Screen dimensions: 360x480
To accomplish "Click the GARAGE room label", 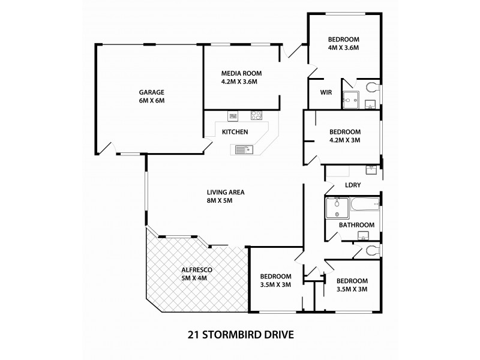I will (152, 92).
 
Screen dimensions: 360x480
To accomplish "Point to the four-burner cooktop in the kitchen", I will (256, 115).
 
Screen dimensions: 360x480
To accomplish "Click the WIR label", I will (326, 92).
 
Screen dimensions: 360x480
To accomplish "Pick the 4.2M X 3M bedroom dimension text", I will (345, 140).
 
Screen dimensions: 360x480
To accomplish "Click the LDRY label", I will (352, 185).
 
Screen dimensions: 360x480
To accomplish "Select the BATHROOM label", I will (356, 225).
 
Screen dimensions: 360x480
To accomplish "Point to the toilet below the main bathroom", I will (372, 250).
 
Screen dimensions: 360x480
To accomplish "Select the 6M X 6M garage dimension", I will (152, 100).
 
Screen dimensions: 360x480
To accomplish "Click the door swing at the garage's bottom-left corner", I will (106, 147).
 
